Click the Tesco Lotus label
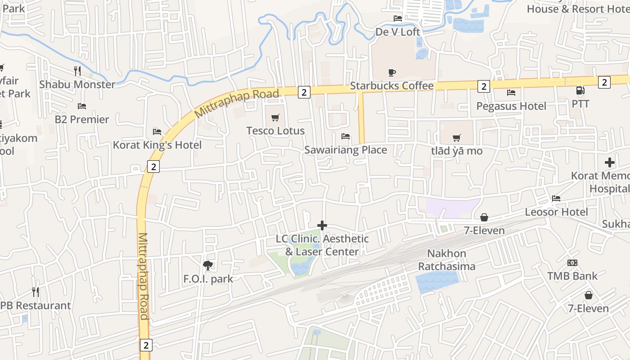click(275, 131)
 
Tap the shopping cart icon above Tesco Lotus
click(275, 118)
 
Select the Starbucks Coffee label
click(391, 86)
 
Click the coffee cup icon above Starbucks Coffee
click(392, 72)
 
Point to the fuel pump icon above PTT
click(580, 90)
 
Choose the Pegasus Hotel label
click(511, 106)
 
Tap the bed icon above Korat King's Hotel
click(157, 132)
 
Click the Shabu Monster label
click(77, 85)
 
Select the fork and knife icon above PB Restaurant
click(36, 292)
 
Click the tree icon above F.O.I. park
click(208, 265)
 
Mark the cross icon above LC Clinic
click(322, 225)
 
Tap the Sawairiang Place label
click(346, 150)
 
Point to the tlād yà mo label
click(457, 151)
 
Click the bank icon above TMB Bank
click(572, 263)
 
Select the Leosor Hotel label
click(556, 212)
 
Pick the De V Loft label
click(398, 32)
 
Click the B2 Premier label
click(82, 120)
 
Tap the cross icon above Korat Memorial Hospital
click(610, 162)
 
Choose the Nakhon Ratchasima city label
click(446, 260)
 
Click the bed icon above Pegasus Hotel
click(511, 93)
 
